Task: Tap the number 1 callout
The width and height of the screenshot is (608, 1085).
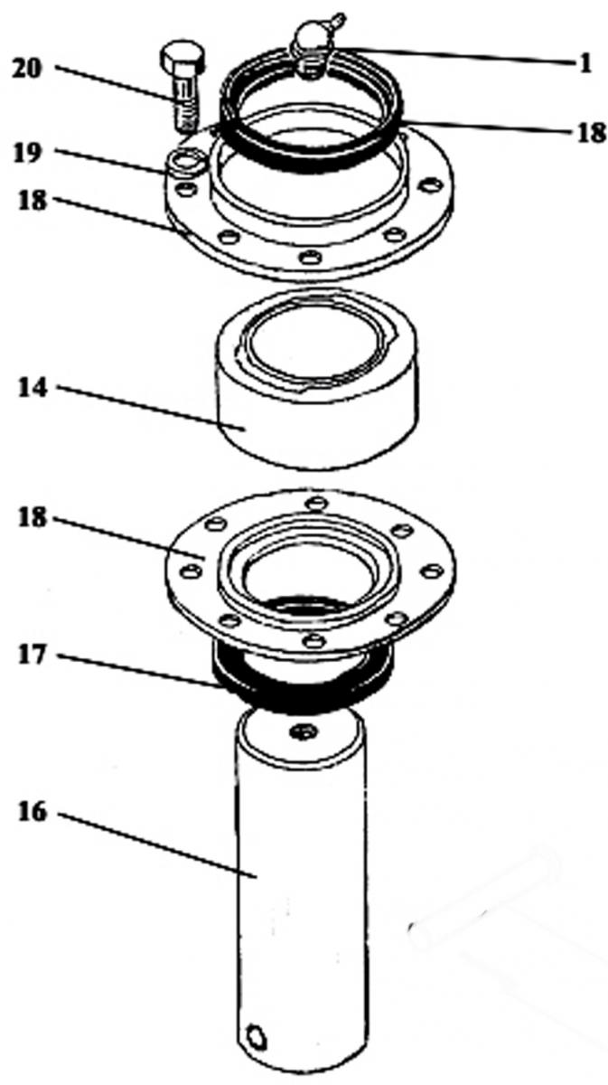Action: (585, 63)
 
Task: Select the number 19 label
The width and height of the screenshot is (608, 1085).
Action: (28, 153)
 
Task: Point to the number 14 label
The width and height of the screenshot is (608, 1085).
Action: (33, 388)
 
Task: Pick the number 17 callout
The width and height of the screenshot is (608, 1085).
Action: (33, 655)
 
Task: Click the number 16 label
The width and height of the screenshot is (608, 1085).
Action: (33, 812)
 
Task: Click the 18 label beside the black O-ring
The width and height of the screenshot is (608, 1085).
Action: (592, 132)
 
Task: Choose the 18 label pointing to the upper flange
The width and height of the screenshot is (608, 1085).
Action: (33, 200)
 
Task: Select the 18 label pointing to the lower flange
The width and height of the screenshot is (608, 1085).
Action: (33, 517)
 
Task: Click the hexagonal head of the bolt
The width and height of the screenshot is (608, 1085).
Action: (183, 57)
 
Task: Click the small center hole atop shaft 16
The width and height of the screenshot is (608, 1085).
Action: (304, 731)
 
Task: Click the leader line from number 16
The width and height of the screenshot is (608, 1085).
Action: (157, 845)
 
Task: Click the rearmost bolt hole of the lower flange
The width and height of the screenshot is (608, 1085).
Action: (317, 503)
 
